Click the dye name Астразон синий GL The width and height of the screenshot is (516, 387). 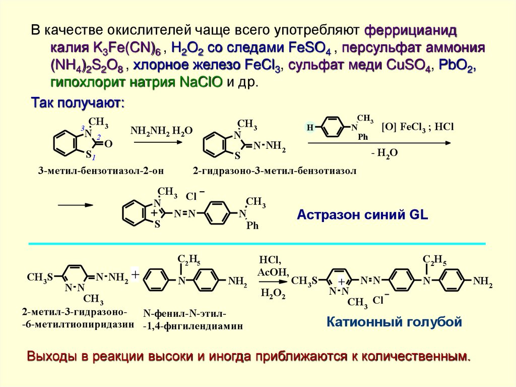click(x=362, y=214)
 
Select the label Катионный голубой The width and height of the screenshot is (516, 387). click(x=394, y=321)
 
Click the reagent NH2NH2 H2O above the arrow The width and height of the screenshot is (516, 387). click(x=161, y=131)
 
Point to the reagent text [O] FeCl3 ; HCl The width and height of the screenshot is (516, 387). click(x=418, y=127)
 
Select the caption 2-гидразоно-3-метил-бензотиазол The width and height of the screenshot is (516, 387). click(x=274, y=171)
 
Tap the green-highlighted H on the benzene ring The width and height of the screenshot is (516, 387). click(x=310, y=128)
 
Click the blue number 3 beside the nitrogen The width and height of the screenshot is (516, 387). click(x=83, y=128)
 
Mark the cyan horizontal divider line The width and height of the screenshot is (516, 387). click(x=257, y=244)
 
